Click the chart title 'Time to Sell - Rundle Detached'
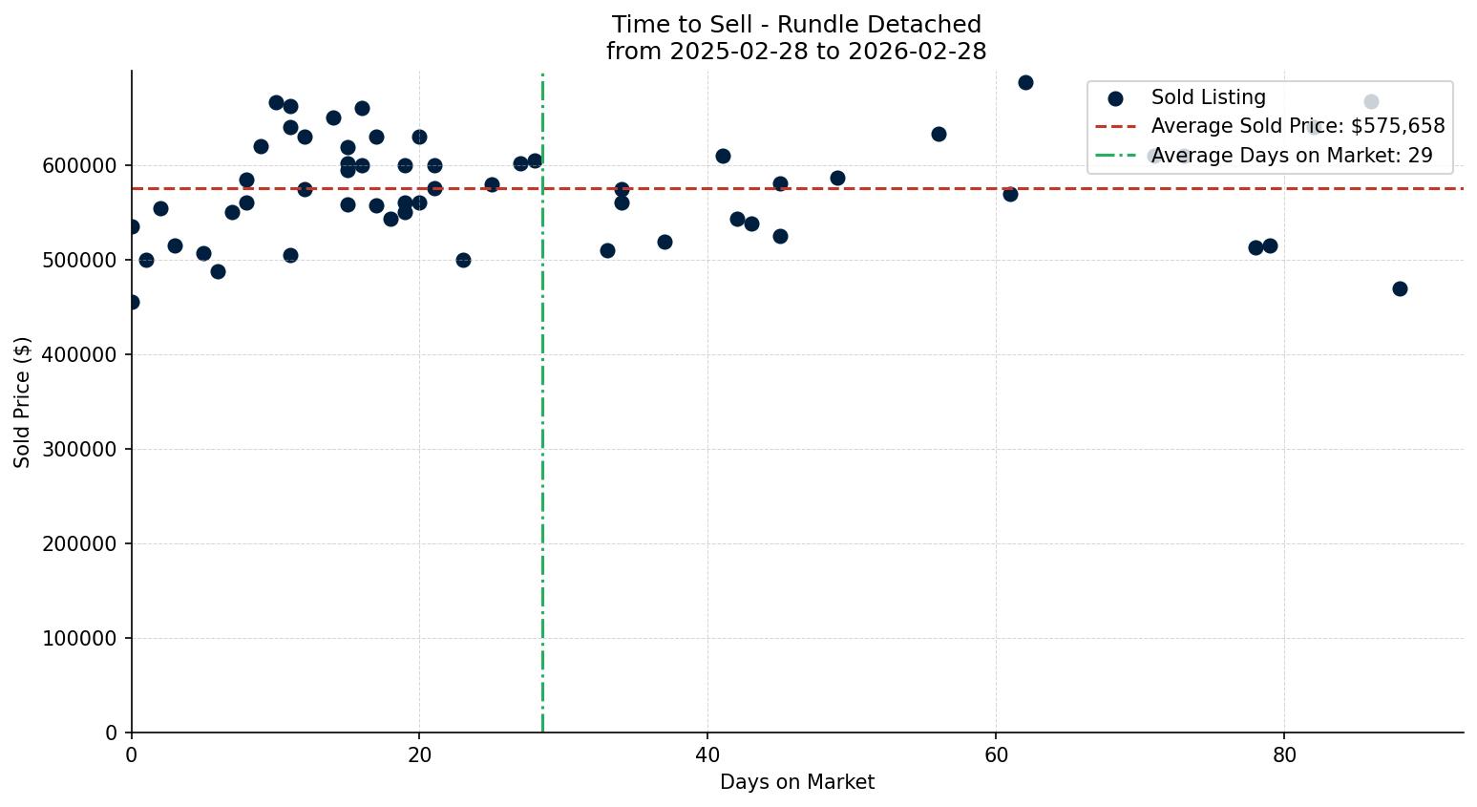pyautogui.click(x=796, y=25)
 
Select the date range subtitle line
pyautogui.click(x=796, y=52)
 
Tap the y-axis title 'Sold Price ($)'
pyautogui.click(x=23, y=402)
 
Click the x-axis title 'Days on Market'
pyautogui.click(x=796, y=782)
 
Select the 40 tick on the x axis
pyautogui.click(x=707, y=754)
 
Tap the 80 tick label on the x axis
pyautogui.click(x=1284, y=754)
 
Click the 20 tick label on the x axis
pyautogui.click(x=419, y=754)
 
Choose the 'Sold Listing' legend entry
pyautogui.click(x=1208, y=97)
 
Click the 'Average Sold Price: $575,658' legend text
pyautogui.click(x=1298, y=126)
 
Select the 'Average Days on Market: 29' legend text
pyautogui.click(x=1292, y=156)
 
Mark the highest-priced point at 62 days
pyautogui.click(x=1025, y=82)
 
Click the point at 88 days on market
pyautogui.click(x=1400, y=288)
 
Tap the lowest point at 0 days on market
pyautogui.click(x=132, y=302)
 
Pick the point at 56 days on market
pyautogui.click(x=939, y=134)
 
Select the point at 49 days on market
pyautogui.click(x=837, y=178)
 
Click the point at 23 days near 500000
pyautogui.click(x=463, y=260)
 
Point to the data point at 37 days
pyautogui.click(x=665, y=242)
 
